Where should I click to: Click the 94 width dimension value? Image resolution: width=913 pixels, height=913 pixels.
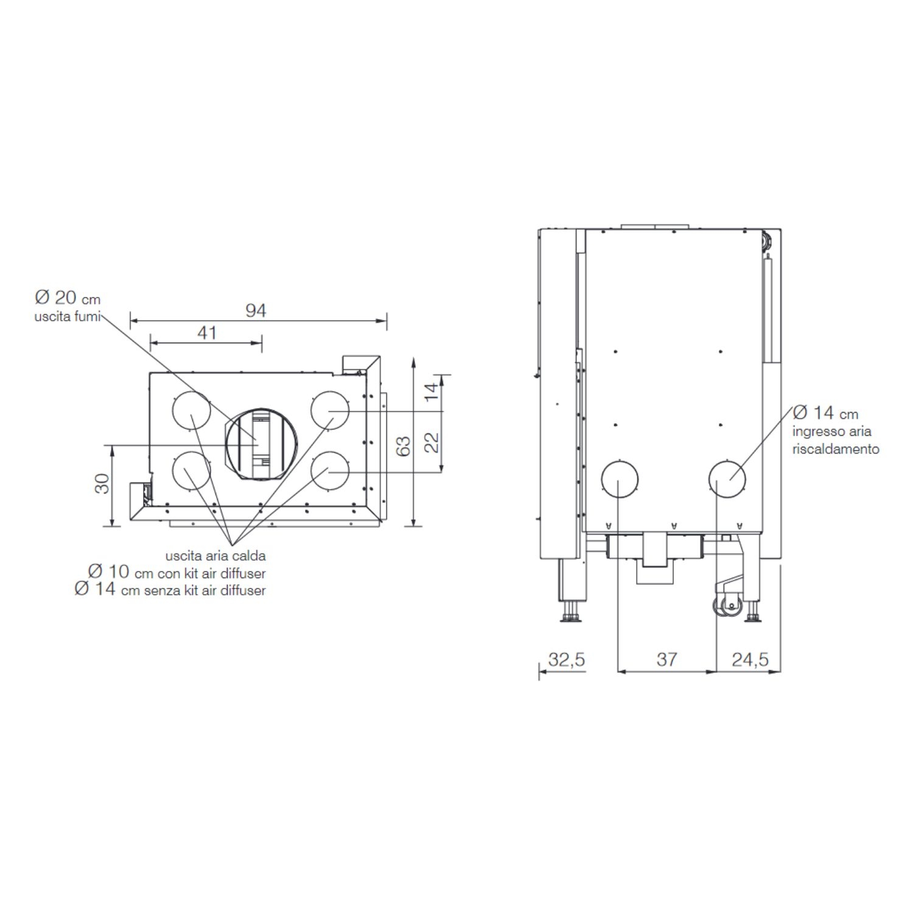coord(256,310)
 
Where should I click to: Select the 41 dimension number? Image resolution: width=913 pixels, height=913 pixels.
coord(207,333)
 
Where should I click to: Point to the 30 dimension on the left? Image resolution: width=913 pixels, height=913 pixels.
coord(103,483)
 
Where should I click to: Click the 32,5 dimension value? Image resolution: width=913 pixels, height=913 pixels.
coord(567,659)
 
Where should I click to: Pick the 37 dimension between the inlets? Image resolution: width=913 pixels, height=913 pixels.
coord(666,659)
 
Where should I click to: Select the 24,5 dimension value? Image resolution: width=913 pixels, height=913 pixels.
coord(750,659)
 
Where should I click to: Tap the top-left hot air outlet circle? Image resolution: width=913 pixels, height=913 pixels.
coord(191,411)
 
